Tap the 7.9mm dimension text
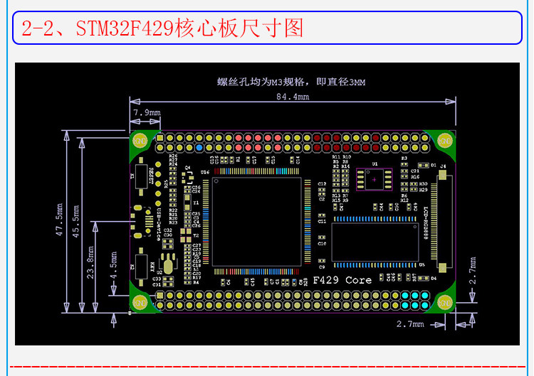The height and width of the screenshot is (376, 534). pyautogui.click(x=147, y=112)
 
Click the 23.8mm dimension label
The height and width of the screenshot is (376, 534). pyautogui.click(x=90, y=262)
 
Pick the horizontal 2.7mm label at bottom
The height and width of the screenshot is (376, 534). pyautogui.click(x=410, y=323)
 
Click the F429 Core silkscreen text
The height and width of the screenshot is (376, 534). pyautogui.click(x=342, y=280)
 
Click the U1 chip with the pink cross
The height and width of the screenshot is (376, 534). pyautogui.click(x=375, y=180)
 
